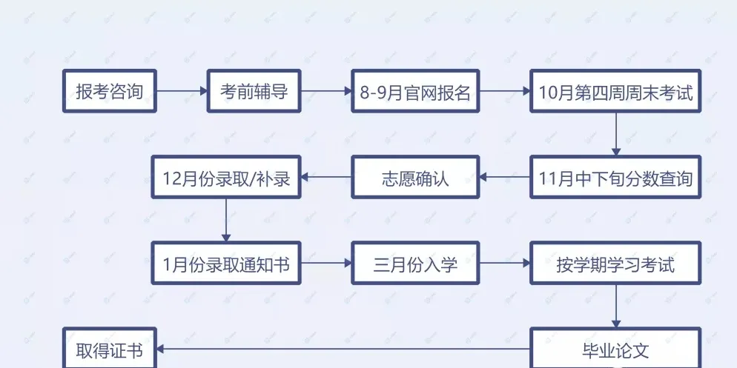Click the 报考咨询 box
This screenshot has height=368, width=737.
coord(110,91)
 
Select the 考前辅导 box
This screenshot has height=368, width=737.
coord(254,91)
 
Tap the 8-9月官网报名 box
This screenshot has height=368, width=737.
coord(415,91)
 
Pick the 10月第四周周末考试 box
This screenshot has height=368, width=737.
coord(615,91)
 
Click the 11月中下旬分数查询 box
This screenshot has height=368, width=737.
coord(615,177)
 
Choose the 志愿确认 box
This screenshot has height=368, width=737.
coord(415,177)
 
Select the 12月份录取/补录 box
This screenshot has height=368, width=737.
coord(226,177)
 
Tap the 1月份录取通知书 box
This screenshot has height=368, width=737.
coord(226,263)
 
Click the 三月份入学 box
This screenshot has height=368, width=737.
coord(415,263)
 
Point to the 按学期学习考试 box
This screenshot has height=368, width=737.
coord(615,263)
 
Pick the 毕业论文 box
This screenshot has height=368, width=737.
coord(615,349)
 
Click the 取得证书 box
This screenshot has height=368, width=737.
coord(110,349)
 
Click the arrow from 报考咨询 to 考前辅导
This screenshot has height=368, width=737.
coord(182,91)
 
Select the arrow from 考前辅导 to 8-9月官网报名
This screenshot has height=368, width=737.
coord(325,91)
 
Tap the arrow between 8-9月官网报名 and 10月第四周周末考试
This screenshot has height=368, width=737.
coord(504,91)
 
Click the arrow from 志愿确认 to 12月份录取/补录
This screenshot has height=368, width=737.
coord(325,177)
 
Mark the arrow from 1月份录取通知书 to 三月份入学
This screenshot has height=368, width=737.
coord(325,263)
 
